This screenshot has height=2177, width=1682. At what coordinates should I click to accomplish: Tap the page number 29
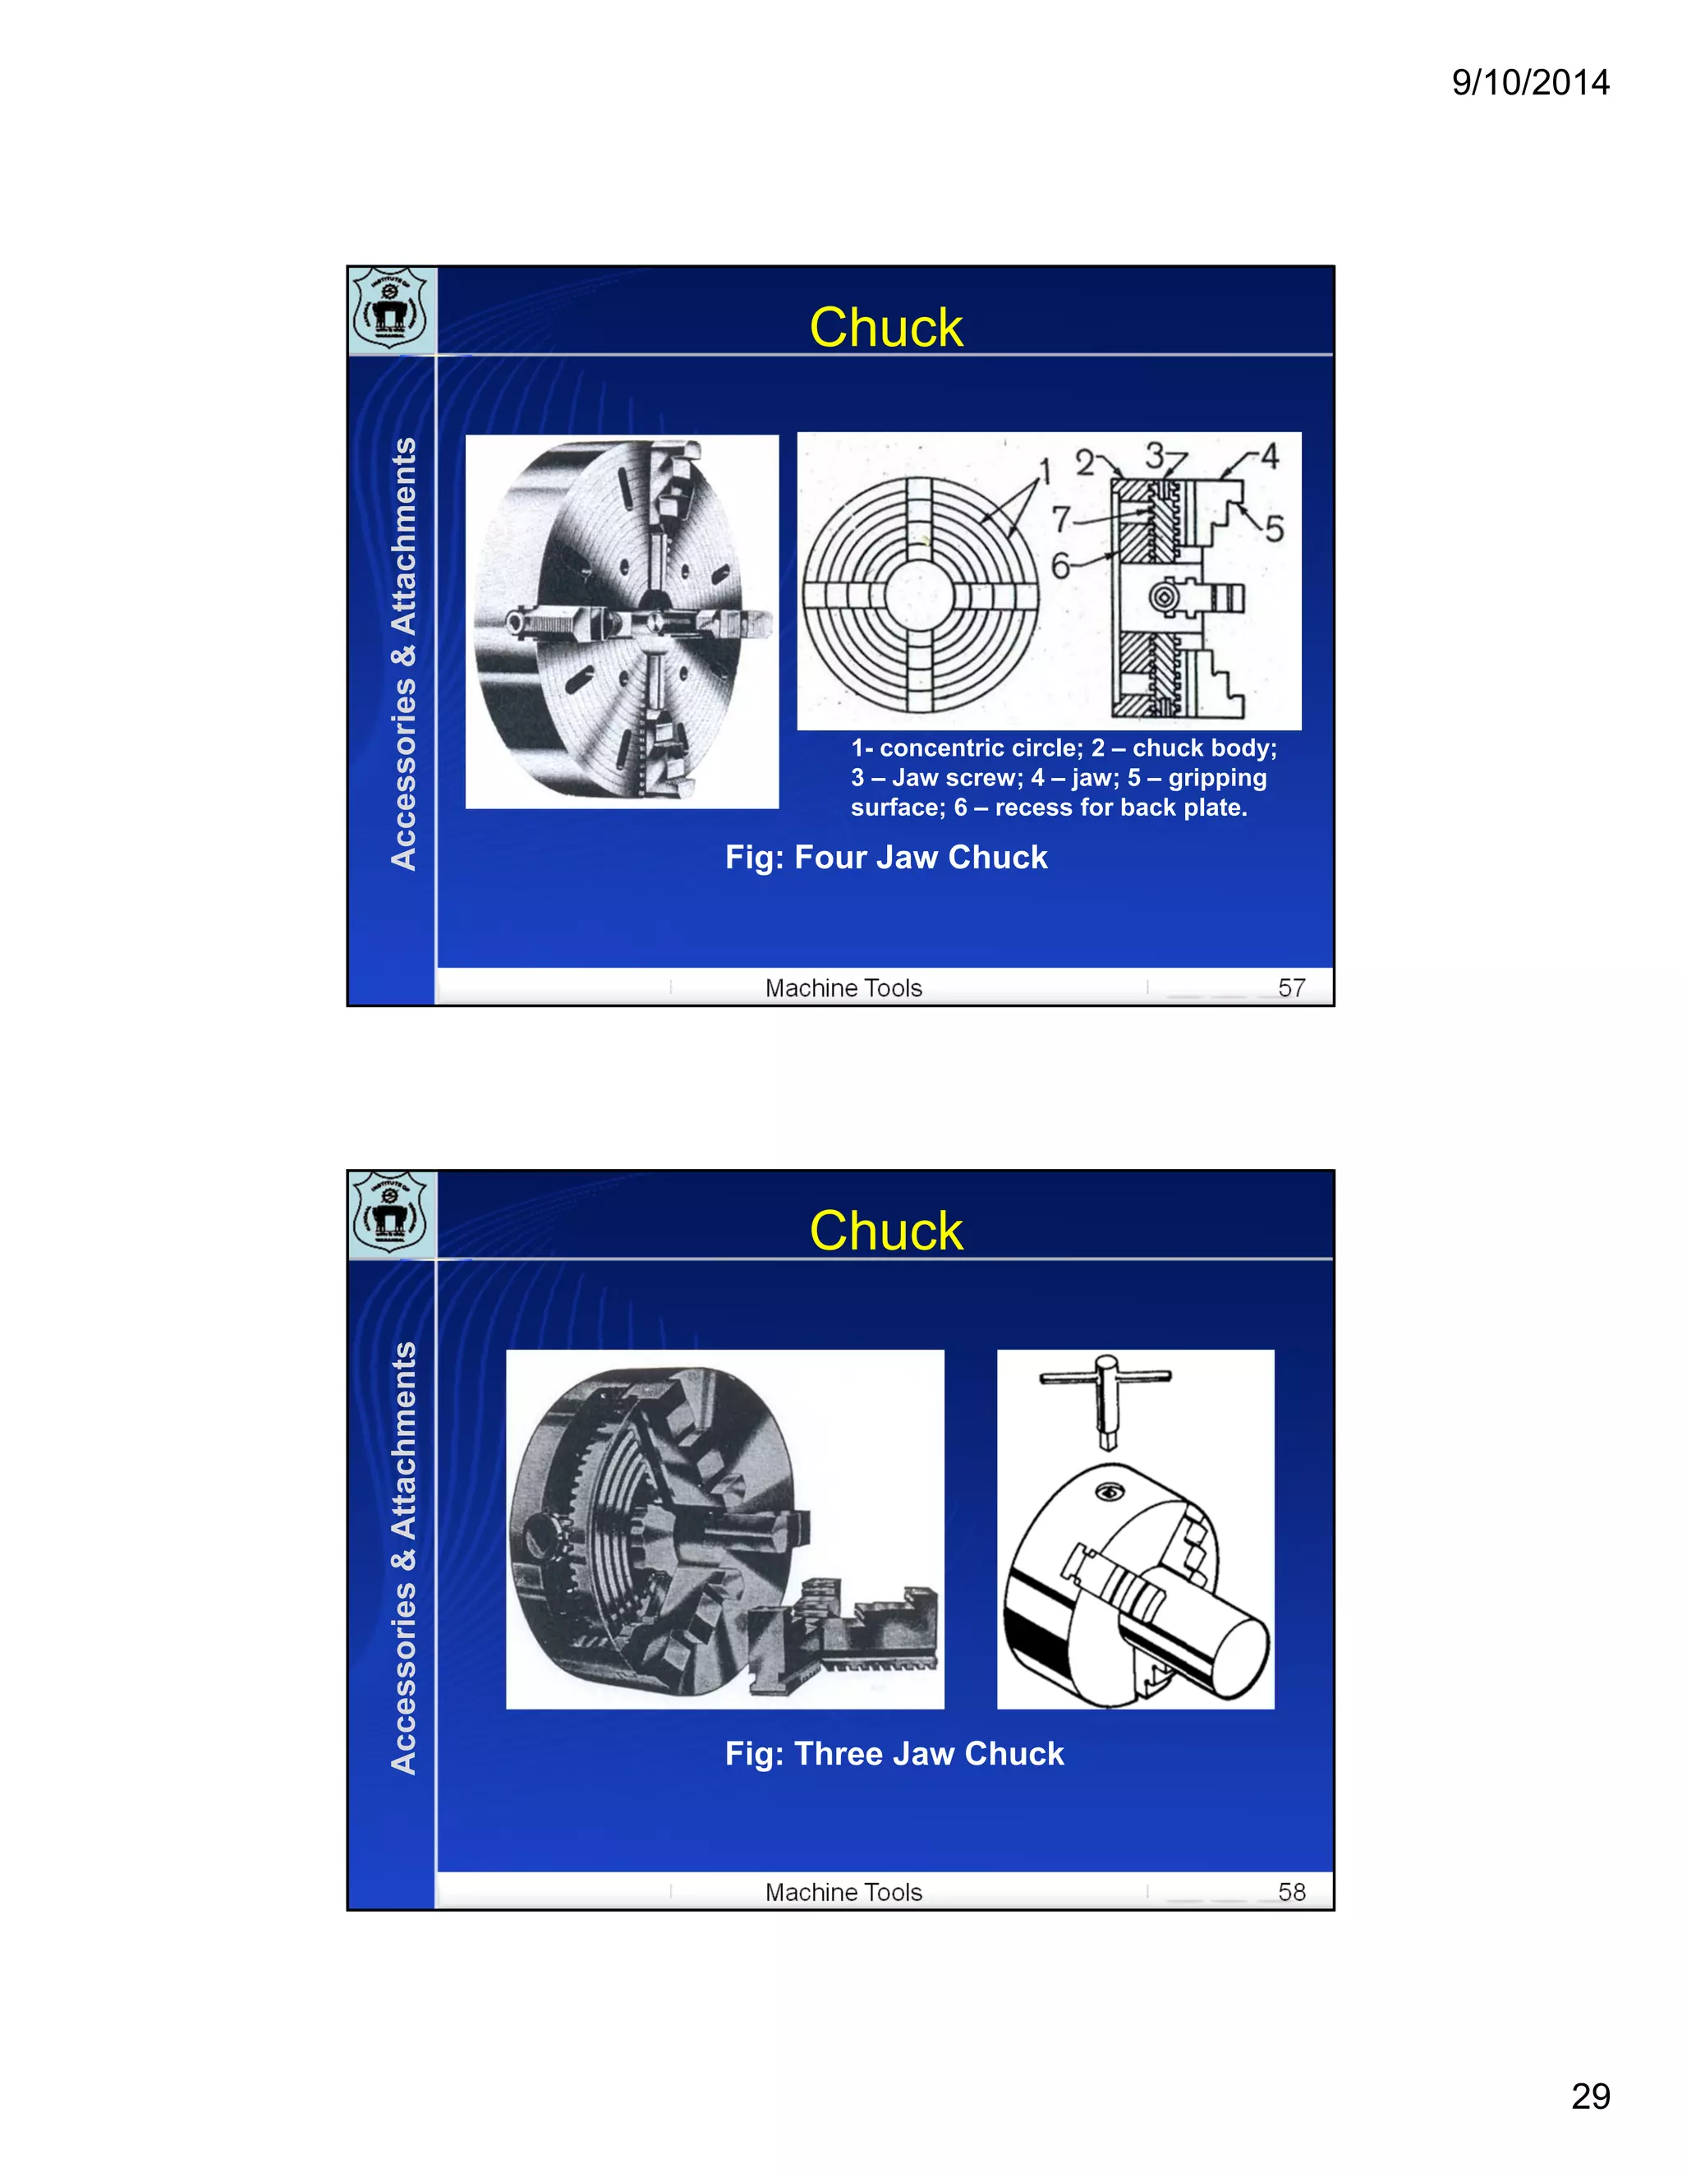[x=1590, y=2096]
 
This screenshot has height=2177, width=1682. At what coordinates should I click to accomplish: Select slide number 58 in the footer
[x=1291, y=1892]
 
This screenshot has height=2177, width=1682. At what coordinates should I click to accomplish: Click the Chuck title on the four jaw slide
[x=886, y=327]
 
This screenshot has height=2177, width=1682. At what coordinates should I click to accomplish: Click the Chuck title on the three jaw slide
[x=886, y=1231]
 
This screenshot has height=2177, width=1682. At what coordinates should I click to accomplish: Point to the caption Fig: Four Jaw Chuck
[x=886, y=857]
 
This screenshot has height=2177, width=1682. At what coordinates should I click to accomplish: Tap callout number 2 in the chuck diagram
[x=1084, y=463]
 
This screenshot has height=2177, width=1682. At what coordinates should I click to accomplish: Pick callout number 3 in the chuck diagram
[x=1154, y=456]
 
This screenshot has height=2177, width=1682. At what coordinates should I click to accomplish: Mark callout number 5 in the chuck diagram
[x=1275, y=528]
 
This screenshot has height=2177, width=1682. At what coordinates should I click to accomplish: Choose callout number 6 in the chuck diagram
[x=1060, y=566]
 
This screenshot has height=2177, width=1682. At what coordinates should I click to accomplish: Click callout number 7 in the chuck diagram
[x=1061, y=518]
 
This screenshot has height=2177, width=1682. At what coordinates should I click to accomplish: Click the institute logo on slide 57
[x=391, y=309]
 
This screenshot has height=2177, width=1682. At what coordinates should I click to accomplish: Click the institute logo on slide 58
[x=391, y=1213]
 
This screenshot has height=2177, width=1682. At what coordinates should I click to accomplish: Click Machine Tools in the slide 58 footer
[x=843, y=1892]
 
